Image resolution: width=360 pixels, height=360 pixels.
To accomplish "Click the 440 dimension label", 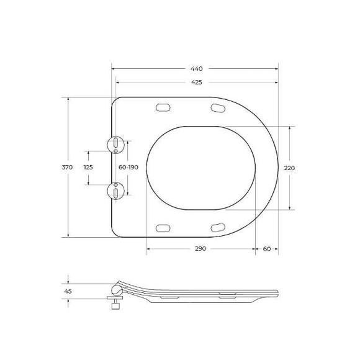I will pos(197,68).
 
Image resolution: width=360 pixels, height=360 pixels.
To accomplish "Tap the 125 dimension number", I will pos(88,168).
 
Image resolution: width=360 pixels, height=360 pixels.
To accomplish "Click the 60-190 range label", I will pos(128,168).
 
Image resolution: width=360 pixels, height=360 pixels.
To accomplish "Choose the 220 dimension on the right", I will pos(289,168).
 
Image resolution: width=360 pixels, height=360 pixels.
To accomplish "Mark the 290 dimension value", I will pos(200,248).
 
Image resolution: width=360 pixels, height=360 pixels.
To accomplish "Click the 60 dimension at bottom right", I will pos(266,248).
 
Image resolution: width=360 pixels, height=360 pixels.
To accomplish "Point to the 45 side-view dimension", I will pos(68,290).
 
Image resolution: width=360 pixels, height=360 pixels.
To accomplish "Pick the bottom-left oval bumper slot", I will pos(163,227).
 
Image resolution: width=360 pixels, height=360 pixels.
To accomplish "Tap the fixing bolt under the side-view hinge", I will pos(114,304).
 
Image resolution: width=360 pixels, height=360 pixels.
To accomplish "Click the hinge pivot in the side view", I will pos(115,289).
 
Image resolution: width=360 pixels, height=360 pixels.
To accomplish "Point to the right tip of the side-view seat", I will pos(277,293).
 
